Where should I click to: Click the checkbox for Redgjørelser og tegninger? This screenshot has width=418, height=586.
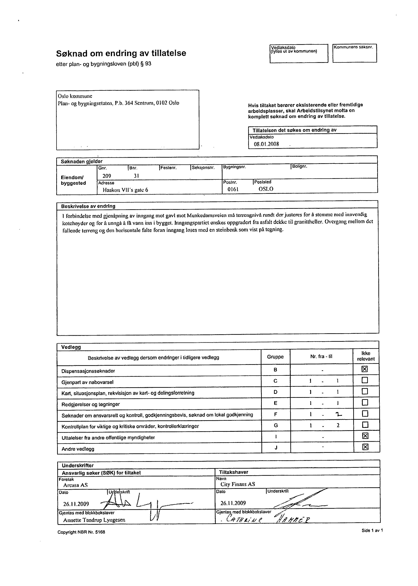(x=365, y=402)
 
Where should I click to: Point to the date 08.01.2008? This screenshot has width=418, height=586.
(x=266, y=144)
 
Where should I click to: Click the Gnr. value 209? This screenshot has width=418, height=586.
(x=107, y=176)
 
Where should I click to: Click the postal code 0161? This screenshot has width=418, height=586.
(x=233, y=189)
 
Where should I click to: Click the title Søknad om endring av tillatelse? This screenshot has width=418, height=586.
(x=121, y=53)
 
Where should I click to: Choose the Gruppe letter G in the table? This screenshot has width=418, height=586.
(x=276, y=425)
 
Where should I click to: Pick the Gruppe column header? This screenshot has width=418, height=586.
(x=275, y=357)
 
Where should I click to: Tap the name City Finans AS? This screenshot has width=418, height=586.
(x=238, y=484)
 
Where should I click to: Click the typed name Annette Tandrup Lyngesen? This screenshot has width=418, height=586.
(x=94, y=520)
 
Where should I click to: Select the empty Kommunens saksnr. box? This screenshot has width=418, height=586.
(x=354, y=55)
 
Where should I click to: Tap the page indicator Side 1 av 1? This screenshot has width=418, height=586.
(x=372, y=530)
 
